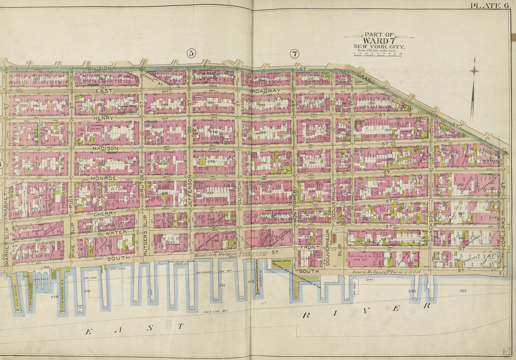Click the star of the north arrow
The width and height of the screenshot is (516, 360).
474,71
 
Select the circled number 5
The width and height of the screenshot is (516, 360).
190,53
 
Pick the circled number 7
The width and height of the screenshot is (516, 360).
294,53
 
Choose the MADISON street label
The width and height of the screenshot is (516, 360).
105,149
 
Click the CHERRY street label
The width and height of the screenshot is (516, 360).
105,213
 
